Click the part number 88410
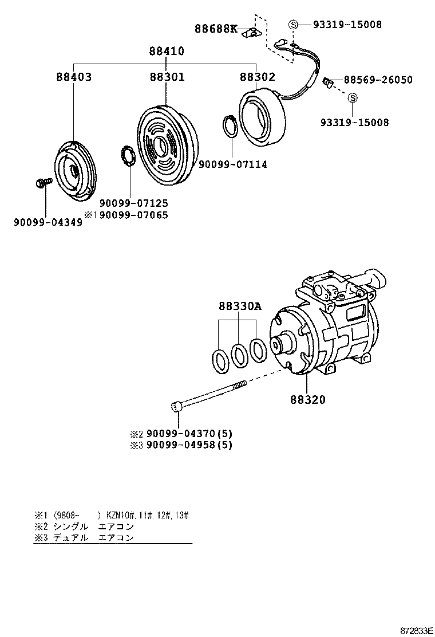point(167,51)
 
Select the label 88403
point(74,77)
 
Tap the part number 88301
point(167,77)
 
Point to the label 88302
point(257,77)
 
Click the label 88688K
point(216,29)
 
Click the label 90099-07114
point(233,164)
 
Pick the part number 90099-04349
point(48,222)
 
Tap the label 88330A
point(239,306)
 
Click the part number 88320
point(307,400)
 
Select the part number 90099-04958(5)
point(189,445)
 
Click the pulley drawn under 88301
point(166,143)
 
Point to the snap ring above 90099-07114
point(230,127)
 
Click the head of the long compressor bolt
point(176,407)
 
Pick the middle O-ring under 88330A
point(239,355)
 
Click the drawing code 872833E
point(415,630)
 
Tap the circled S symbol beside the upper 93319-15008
point(293,25)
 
